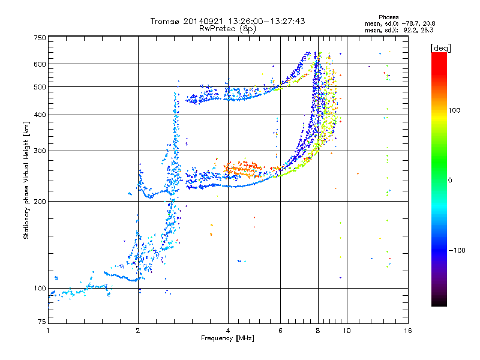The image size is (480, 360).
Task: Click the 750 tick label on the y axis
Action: (40, 38)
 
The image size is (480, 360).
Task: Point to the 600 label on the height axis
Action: (40, 64)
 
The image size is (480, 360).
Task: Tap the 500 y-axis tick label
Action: (40, 87)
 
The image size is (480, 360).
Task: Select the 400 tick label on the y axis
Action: (40, 115)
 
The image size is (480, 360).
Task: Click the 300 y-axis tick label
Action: (40, 151)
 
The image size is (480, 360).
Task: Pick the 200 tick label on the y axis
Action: (40, 202)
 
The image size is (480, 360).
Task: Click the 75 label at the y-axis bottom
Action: (41, 322)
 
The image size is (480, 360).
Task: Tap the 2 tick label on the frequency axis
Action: (138, 331)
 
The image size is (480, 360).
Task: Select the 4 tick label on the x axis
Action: (228, 331)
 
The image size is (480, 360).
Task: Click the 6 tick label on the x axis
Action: (280, 331)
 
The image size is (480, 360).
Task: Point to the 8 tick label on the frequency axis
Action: (318, 331)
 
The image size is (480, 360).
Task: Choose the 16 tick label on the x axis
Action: (408, 331)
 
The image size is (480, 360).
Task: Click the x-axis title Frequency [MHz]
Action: (227, 338)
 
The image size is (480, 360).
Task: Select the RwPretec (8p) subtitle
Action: (227, 28)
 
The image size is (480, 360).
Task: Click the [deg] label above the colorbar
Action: (440, 48)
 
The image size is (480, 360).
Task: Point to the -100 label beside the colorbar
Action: (457, 250)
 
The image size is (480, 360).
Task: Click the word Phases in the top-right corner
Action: (388, 17)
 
